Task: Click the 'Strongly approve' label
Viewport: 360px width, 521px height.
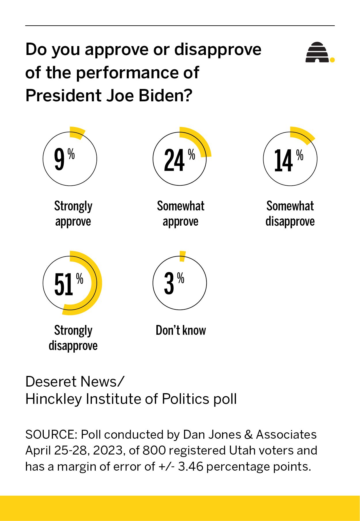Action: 73,214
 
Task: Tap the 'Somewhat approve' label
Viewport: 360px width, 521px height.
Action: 181,214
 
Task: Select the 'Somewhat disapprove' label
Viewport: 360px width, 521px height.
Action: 290,214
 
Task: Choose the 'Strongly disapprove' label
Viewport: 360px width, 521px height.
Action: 73,338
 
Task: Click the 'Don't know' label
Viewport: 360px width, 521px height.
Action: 181,330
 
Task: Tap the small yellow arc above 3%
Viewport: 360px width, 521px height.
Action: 182,256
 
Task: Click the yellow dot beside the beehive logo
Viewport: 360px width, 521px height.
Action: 332,60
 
